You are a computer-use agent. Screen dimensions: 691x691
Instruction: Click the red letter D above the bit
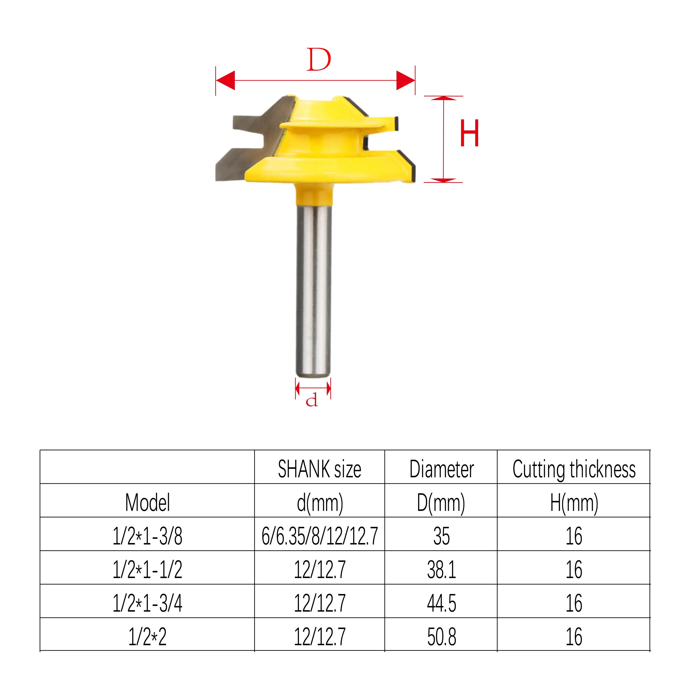coord(319,60)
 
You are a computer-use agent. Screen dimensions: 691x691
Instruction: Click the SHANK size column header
coord(319,469)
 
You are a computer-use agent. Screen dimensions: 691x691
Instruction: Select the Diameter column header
coord(441,469)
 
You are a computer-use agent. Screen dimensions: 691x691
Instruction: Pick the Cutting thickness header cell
coord(574,469)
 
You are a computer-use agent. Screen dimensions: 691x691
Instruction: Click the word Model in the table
coord(147,503)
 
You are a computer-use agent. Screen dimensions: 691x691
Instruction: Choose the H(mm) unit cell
coord(574,503)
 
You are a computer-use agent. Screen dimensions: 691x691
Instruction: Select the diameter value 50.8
coord(441,637)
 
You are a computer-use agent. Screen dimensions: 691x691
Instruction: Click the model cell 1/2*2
coord(147,637)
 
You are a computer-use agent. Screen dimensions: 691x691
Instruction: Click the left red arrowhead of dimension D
coord(225,80)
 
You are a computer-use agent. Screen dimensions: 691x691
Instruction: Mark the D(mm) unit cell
coord(441,503)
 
